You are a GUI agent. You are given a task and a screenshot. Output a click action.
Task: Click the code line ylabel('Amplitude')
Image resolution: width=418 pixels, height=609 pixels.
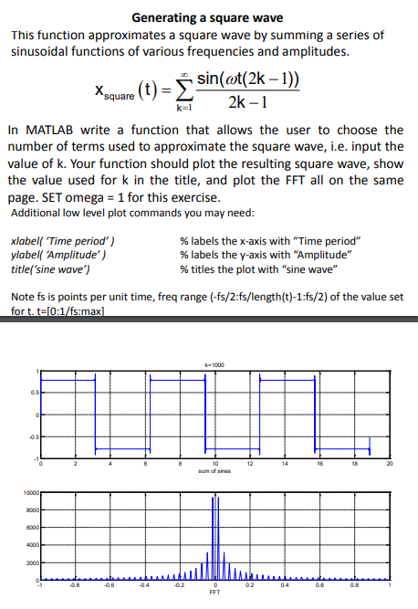(x=57, y=255)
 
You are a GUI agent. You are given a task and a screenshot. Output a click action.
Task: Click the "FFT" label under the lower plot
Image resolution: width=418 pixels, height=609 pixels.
(x=215, y=593)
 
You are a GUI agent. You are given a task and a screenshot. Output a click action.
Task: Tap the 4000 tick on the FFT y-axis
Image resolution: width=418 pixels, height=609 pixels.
(x=26, y=545)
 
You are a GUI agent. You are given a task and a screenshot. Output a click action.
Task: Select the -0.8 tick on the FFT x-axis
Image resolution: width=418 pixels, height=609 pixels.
(x=75, y=586)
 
